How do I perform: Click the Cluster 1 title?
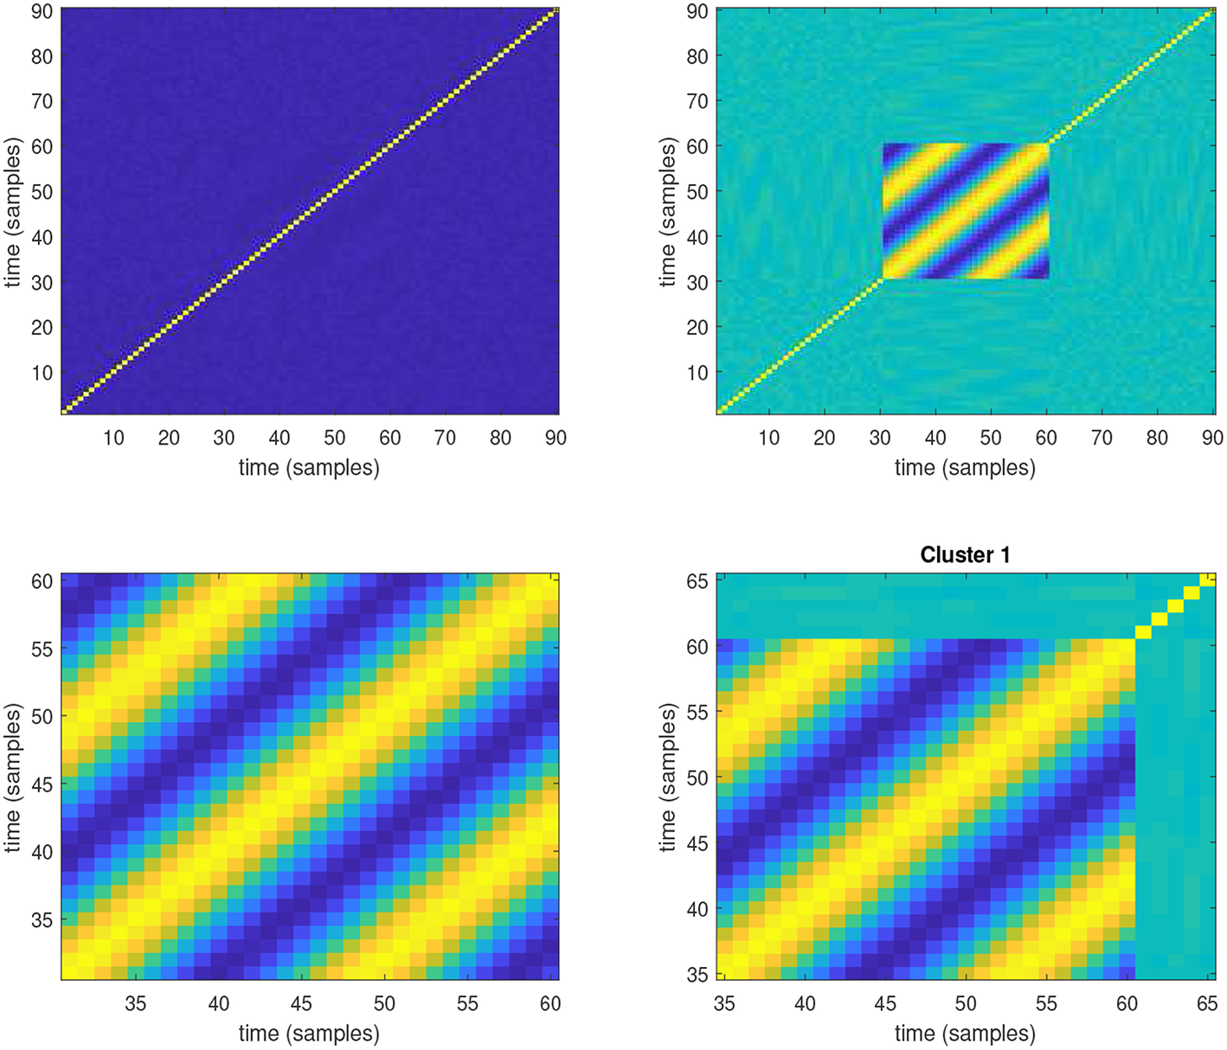coord(965,554)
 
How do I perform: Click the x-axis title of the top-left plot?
coord(309,468)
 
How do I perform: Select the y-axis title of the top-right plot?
coord(667,213)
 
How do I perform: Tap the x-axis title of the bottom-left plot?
coord(309,1034)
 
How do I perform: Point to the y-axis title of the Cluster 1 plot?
coord(667,777)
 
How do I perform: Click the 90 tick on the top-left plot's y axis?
coord(42,12)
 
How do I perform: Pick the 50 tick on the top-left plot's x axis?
coord(334,438)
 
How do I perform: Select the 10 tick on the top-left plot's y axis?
coord(42,373)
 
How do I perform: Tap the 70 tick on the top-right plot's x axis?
coord(1102,438)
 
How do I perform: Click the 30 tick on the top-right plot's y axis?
coord(697,283)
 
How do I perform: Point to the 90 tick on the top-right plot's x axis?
coord(1211,438)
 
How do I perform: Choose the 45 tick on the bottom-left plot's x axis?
coord(301,1003)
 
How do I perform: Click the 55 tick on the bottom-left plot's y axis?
coord(42,649)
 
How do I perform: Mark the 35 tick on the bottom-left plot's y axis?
coord(42,920)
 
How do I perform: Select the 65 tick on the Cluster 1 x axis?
coord(1207,1003)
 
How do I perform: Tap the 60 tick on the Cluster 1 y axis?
coord(697,646)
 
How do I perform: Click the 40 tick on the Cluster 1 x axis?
coord(805,1003)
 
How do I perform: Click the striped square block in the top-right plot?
coord(965,211)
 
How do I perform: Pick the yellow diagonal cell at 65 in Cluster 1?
coord(1207,579)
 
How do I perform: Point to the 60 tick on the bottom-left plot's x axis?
coord(550,1003)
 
